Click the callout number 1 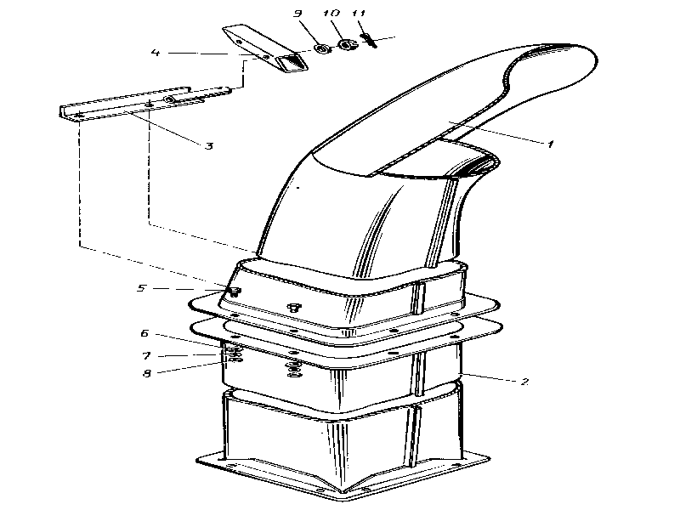[550, 144]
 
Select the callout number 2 [524, 382]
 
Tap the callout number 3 [209, 145]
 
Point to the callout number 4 [156, 53]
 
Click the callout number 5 [141, 288]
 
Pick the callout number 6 [144, 333]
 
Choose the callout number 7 [146, 355]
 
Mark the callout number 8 [147, 373]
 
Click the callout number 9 [297, 13]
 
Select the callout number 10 [331, 13]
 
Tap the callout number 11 [359, 13]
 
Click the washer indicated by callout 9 [321, 48]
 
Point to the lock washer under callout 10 [346, 44]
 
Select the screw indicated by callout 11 [369, 40]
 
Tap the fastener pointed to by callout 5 [235, 291]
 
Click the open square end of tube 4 [292, 62]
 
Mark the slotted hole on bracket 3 [169, 99]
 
